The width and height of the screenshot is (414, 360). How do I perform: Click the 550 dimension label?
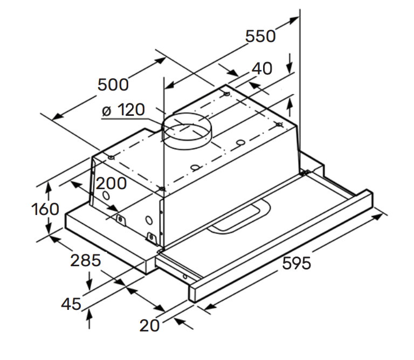(260, 36)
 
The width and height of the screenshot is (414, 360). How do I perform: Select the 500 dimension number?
(113, 85)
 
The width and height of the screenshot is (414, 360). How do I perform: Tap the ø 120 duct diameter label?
(123, 110)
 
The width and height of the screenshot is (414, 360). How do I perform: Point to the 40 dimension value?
(261, 68)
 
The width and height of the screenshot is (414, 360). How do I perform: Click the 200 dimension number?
(111, 183)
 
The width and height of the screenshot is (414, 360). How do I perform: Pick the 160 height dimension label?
(45, 209)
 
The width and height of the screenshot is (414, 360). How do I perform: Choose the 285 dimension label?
(86, 260)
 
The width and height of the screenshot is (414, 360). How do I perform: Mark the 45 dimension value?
(71, 304)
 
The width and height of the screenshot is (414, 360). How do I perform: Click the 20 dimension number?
(149, 326)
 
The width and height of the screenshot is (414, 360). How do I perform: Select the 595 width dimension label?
(296, 263)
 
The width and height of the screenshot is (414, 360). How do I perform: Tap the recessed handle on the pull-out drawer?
(239, 217)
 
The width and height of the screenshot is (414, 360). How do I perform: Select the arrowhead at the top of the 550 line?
(294, 20)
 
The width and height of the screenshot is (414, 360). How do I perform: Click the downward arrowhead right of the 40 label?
(290, 68)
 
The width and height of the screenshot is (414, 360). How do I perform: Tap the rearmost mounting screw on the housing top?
(226, 94)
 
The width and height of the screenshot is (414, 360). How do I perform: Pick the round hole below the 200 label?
(106, 196)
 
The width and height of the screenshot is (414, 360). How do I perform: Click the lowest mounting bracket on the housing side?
(151, 237)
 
